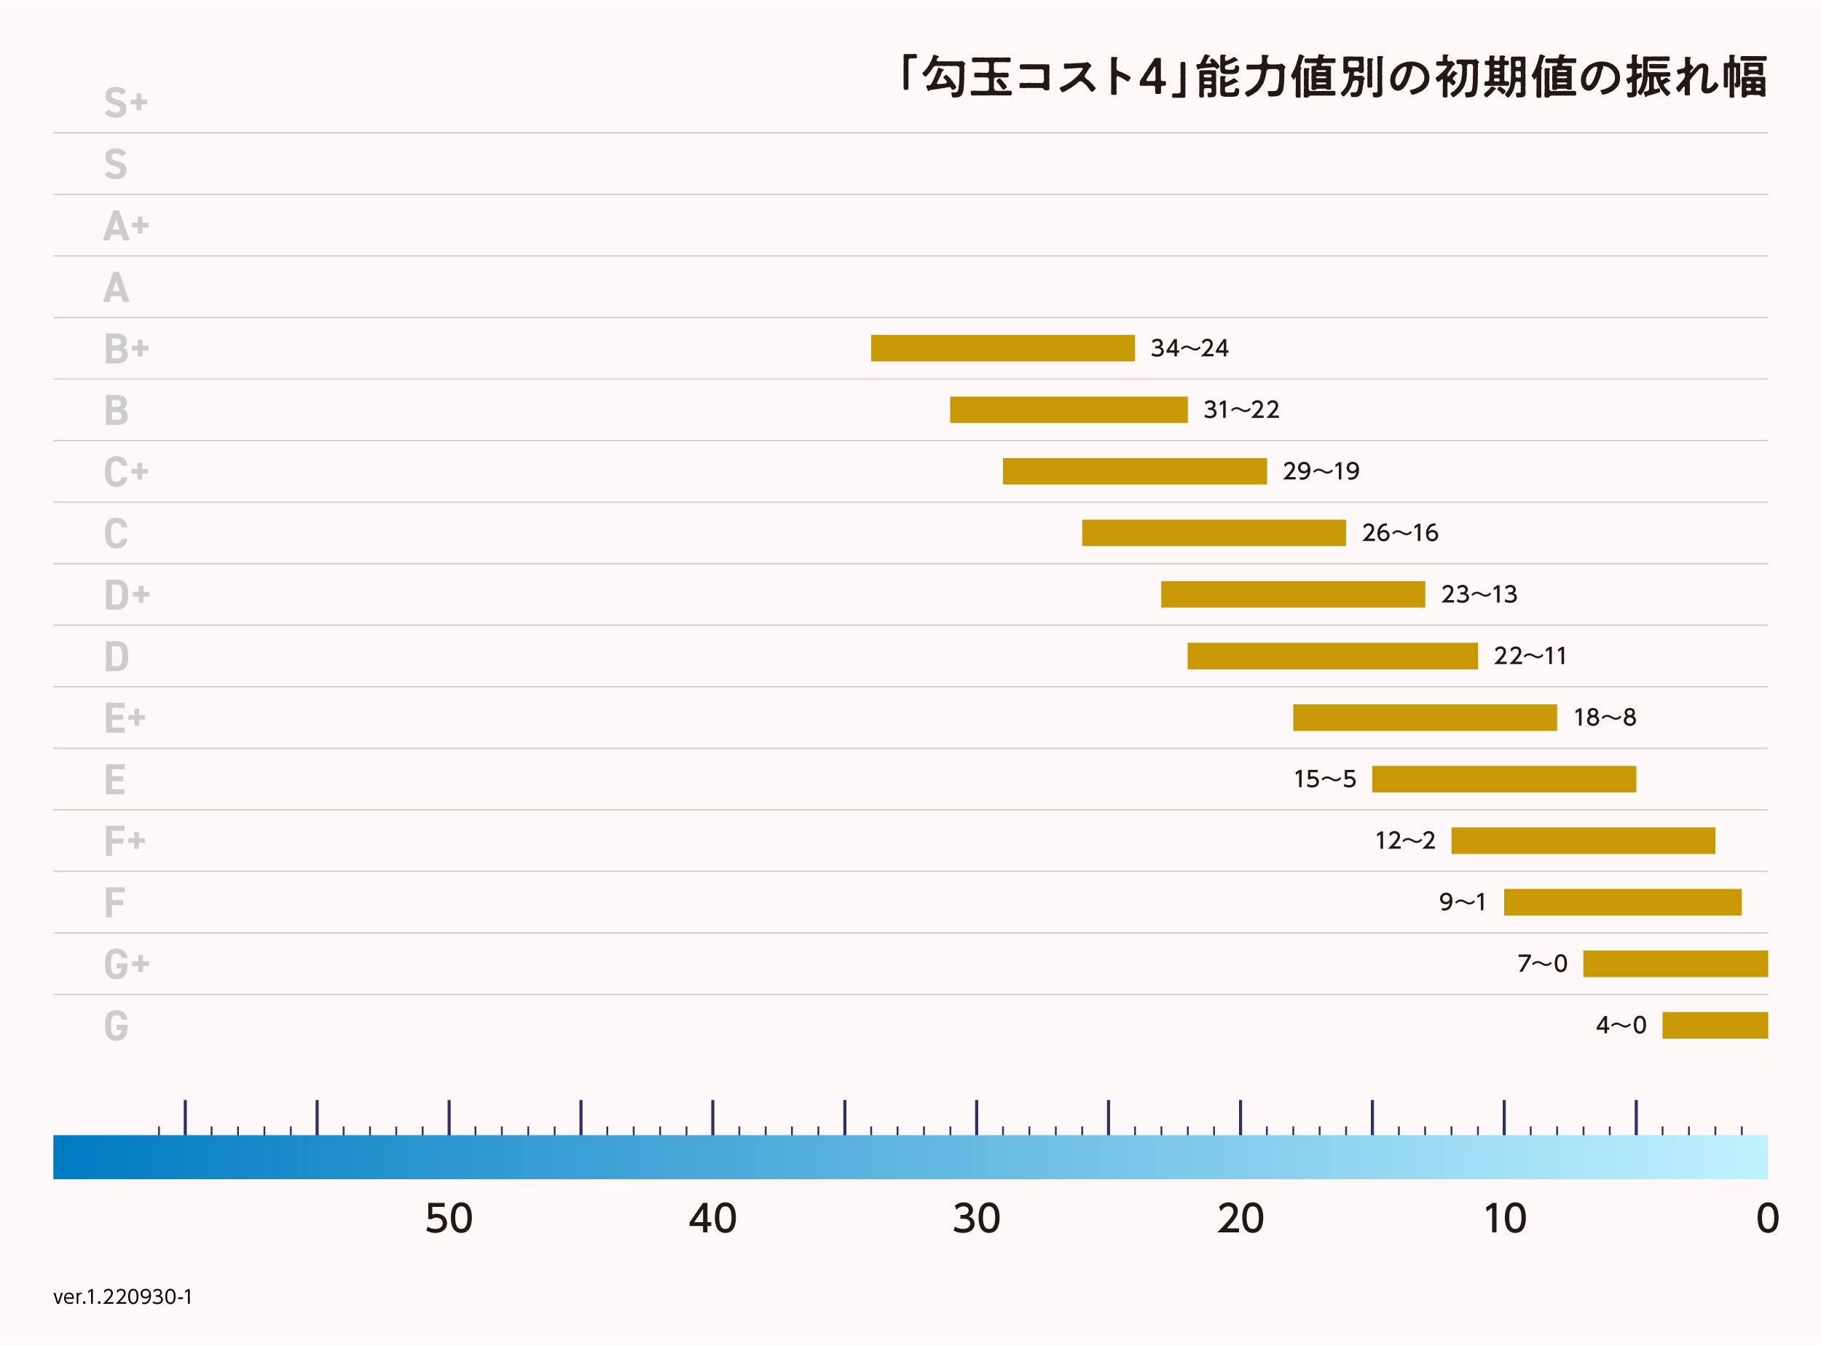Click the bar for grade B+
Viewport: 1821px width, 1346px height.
pyautogui.click(x=1002, y=348)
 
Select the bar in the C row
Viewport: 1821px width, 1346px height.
pyautogui.click(x=1214, y=533)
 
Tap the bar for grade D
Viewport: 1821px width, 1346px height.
pyautogui.click(x=1332, y=656)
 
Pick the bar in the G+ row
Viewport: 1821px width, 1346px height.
pyautogui.click(x=1675, y=964)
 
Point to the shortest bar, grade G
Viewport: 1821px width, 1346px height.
pyautogui.click(x=1715, y=1025)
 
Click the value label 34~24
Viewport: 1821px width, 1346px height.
pyautogui.click(x=1189, y=349)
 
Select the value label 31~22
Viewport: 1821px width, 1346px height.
pyautogui.click(x=1241, y=410)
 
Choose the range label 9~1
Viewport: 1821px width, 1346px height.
pyautogui.click(x=1463, y=902)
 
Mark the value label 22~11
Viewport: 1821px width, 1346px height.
pyautogui.click(x=1530, y=657)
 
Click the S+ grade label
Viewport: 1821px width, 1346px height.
pyautogui.click(x=125, y=103)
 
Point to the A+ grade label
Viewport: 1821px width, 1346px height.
pyautogui.click(x=125, y=226)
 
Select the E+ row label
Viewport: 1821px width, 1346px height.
pyautogui.click(x=125, y=719)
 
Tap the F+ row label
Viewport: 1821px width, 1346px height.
pyautogui.click(x=125, y=841)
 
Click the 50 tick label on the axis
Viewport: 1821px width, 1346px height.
pyautogui.click(x=449, y=1219)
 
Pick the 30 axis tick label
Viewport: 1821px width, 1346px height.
pyautogui.click(x=976, y=1219)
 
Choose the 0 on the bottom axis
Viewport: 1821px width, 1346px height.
pyautogui.click(x=1767, y=1219)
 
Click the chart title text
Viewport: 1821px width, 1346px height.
pyautogui.click(x=1332, y=77)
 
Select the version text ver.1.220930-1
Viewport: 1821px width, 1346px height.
pyautogui.click(x=123, y=1297)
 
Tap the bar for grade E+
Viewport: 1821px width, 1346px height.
pyautogui.click(x=1424, y=718)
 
